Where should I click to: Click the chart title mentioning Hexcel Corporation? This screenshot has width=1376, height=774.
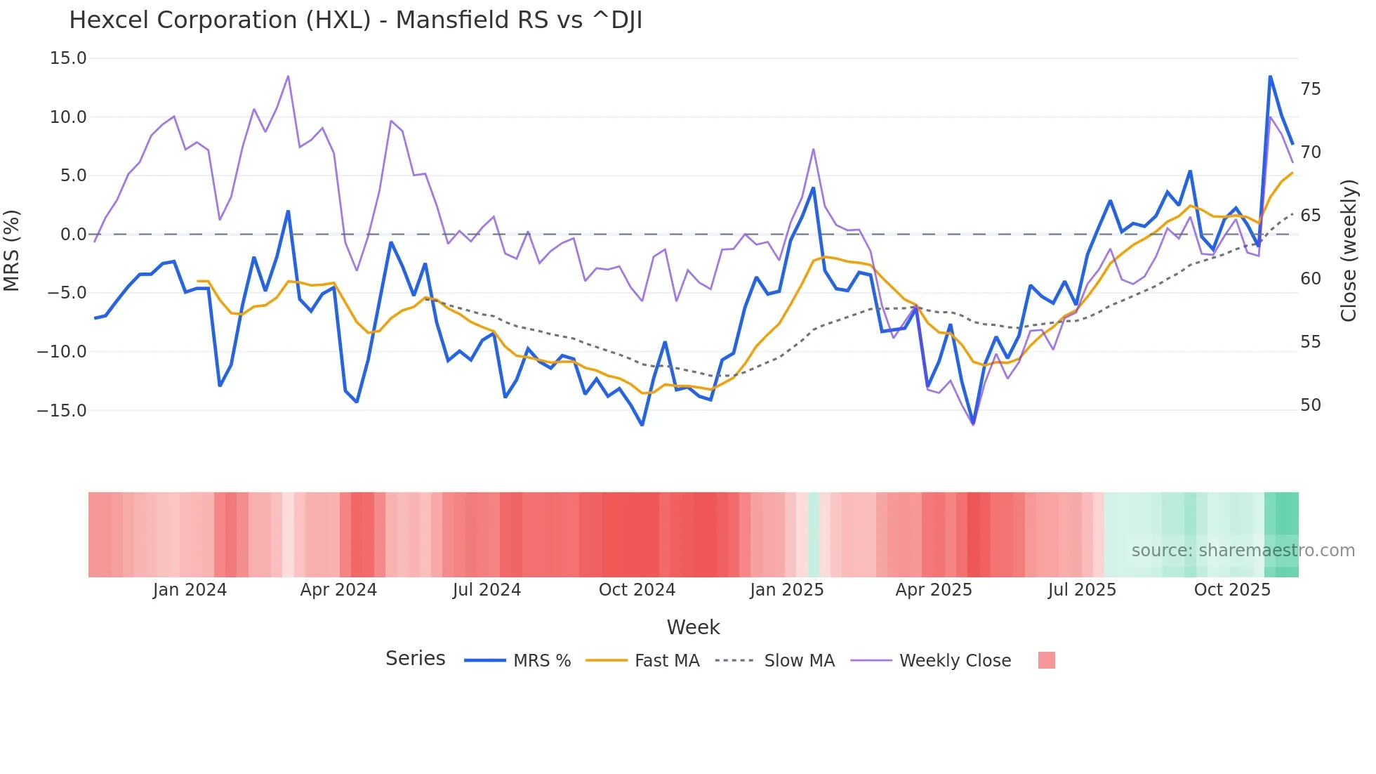[355, 20]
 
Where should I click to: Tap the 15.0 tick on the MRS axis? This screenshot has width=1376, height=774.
[68, 58]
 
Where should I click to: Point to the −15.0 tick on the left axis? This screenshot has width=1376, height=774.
[62, 410]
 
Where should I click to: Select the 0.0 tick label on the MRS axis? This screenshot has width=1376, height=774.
[73, 235]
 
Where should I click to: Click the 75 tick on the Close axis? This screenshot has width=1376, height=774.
[1310, 89]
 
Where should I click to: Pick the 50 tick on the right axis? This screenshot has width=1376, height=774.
[1310, 405]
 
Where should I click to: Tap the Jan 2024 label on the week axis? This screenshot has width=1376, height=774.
[190, 590]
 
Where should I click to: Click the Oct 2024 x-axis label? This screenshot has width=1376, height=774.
[637, 590]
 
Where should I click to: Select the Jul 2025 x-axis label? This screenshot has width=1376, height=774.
[1082, 590]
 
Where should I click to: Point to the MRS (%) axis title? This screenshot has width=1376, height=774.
[12, 250]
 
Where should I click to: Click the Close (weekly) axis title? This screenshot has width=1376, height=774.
[1348, 251]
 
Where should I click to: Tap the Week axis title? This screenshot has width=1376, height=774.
[693, 627]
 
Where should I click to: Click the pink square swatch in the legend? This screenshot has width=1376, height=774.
[1046, 661]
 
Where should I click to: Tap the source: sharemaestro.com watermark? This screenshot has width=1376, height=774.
[1243, 551]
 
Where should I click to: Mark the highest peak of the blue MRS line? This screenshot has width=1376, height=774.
[1270, 76]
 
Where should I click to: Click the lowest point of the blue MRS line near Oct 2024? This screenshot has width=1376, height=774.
[642, 425]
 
